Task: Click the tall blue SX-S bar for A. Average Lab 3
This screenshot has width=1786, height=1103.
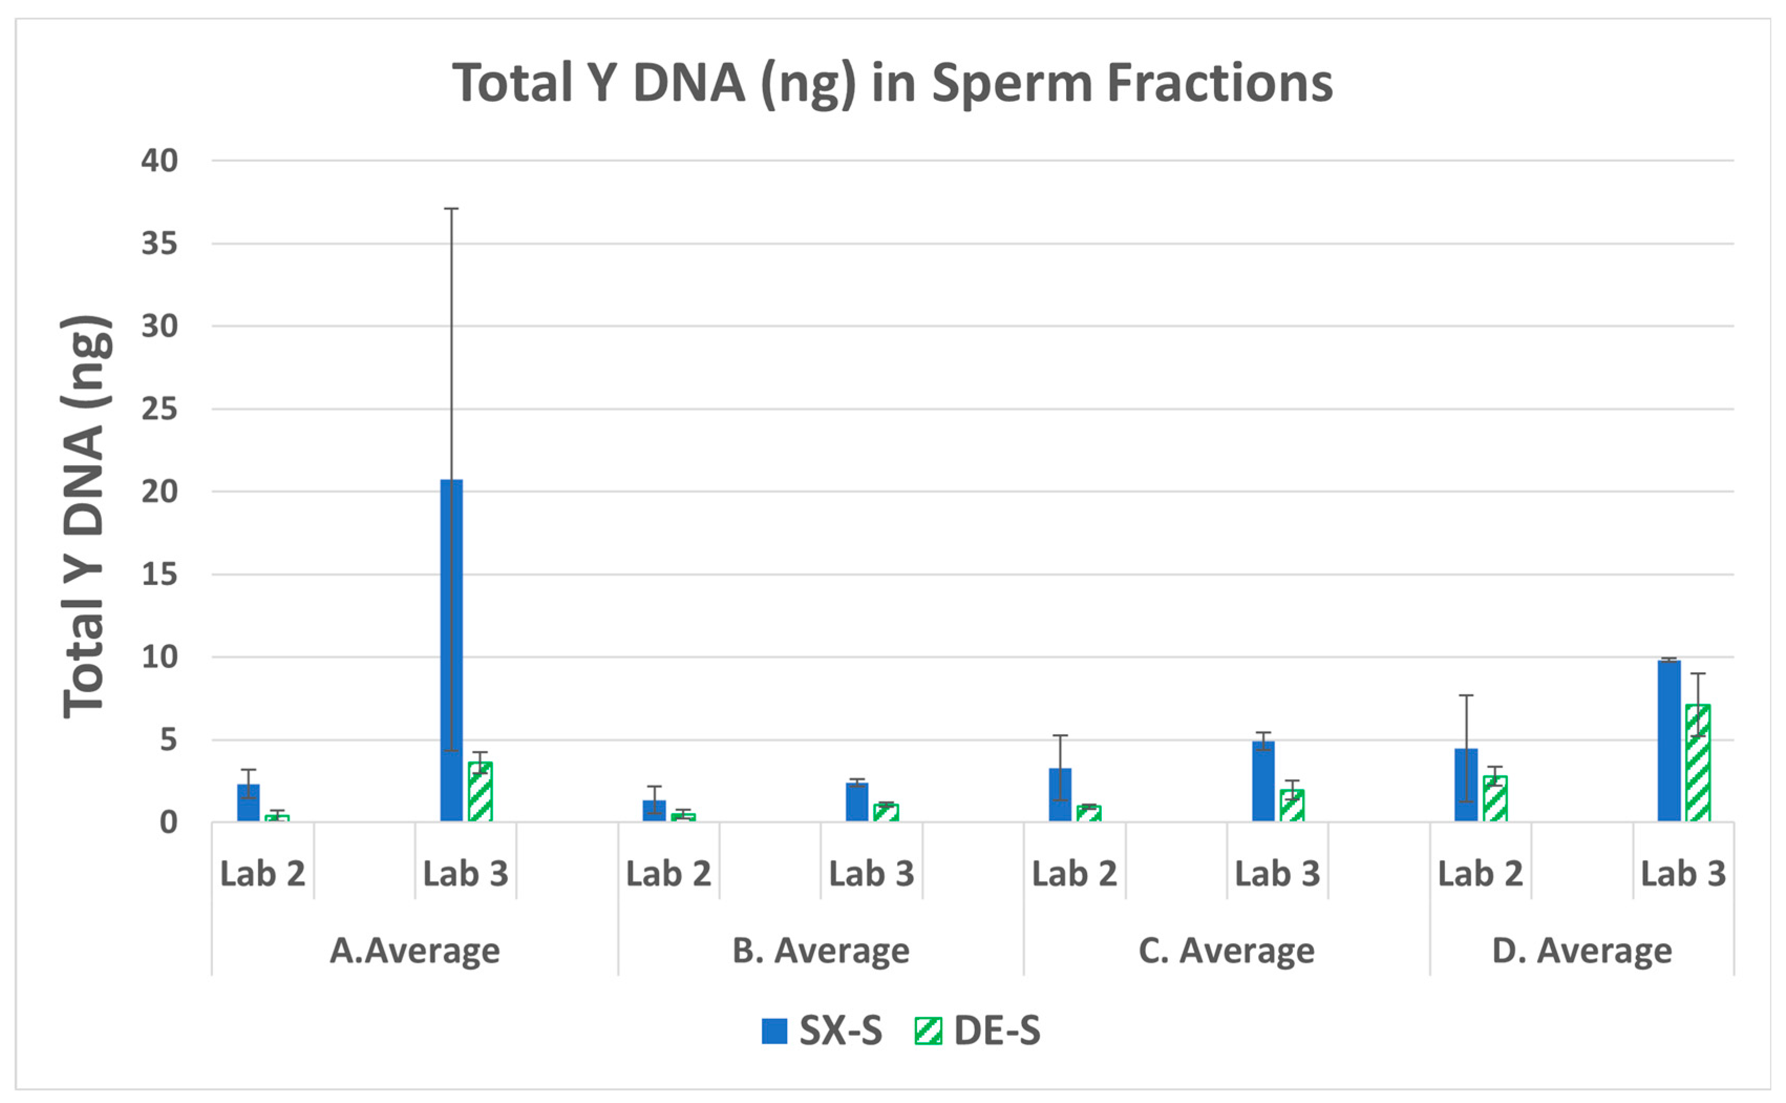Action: (x=451, y=649)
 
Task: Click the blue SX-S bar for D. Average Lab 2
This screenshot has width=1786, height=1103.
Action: (x=1466, y=785)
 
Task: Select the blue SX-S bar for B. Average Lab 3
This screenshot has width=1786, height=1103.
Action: (x=857, y=802)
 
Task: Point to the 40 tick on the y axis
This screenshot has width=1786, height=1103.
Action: (x=160, y=161)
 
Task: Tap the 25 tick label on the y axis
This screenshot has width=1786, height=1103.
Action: (x=160, y=409)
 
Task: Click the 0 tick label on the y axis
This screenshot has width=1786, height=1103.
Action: (x=168, y=823)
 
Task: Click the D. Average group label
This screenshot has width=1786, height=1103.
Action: (x=1582, y=950)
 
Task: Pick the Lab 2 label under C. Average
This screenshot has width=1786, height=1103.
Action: (x=1074, y=873)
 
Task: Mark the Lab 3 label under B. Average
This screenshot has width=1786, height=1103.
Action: (x=871, y=873)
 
